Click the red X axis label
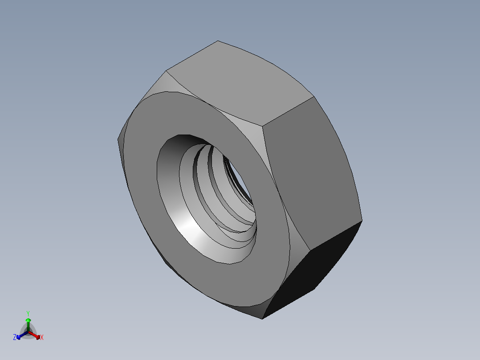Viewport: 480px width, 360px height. tap(42, 338)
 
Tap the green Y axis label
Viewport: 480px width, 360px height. tap(28, 313)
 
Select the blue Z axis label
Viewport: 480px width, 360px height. tap(15, 338)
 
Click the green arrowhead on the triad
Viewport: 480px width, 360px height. tap(28, 320)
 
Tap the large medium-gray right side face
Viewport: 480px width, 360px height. tap(312, 169)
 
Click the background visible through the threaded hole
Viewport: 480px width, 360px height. tap(243, 187)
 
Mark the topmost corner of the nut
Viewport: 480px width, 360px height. tap(218, 41)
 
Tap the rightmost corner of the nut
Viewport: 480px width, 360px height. tap(362, 220)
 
